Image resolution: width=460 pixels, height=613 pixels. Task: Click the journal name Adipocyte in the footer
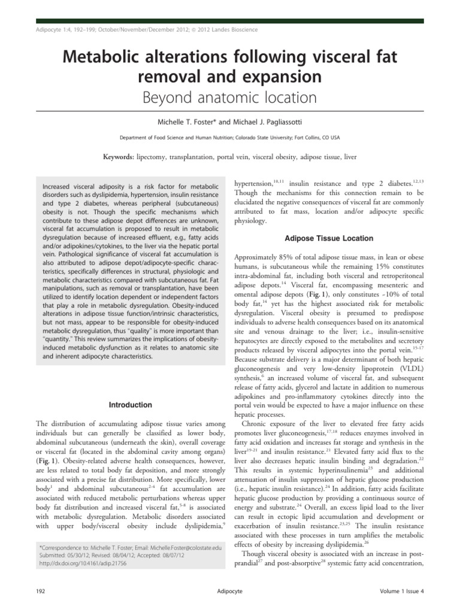tap(230, 592)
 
